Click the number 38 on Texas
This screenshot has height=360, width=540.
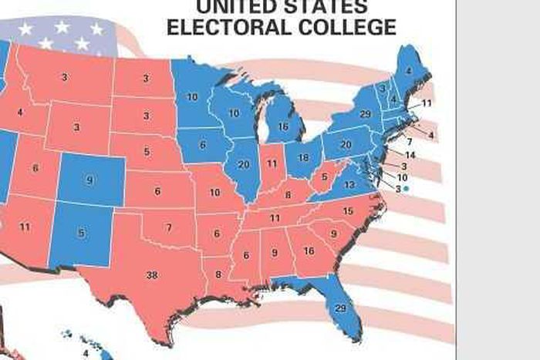152,274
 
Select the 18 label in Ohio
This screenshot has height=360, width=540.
304,157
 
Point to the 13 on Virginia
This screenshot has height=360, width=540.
349,185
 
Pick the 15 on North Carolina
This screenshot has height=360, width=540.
348,210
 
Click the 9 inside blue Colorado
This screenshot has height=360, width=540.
89,180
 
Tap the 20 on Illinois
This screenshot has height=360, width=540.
245,163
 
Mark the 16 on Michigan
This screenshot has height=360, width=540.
283,126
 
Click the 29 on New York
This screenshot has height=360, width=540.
366,114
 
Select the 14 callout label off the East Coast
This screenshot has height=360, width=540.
410,155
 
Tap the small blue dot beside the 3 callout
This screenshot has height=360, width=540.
406,188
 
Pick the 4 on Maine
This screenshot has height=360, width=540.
409,72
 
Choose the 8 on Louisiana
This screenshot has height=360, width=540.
218,274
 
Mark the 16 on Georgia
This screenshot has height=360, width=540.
309,251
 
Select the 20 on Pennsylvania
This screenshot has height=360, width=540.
346,144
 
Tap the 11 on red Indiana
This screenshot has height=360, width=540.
272,163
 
